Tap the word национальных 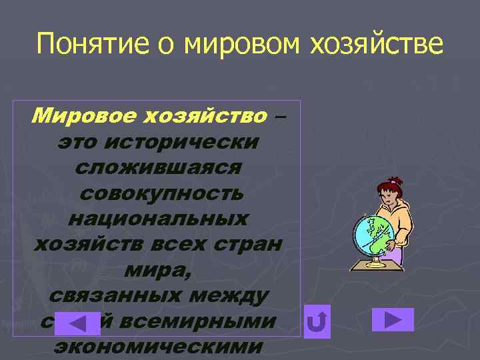(159, 219)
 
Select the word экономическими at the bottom (157, 347)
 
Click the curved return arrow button (317, 322)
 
